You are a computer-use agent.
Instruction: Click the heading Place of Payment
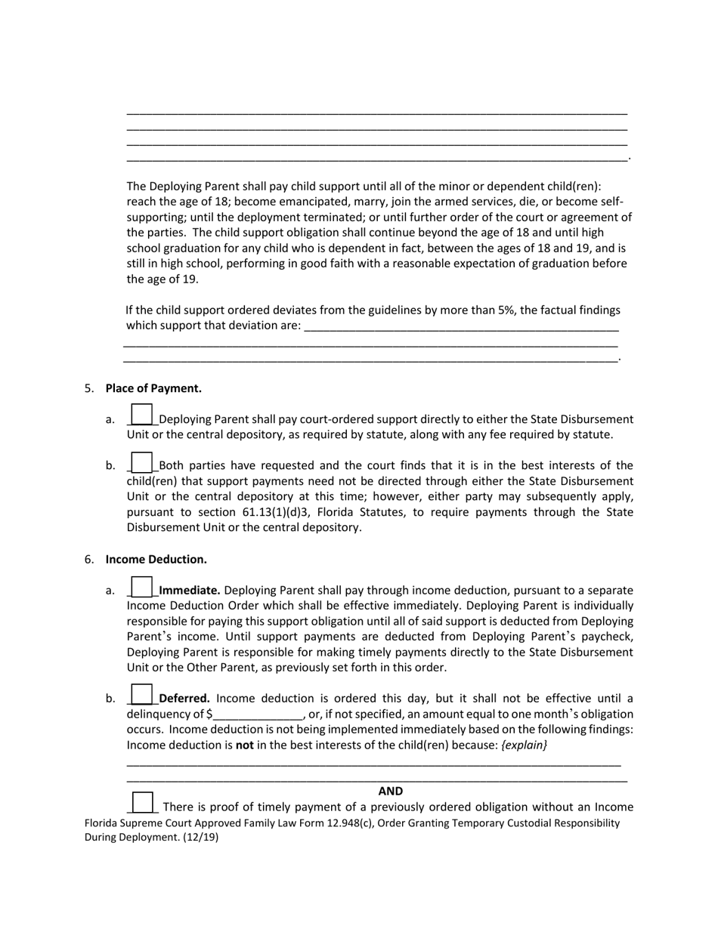153,388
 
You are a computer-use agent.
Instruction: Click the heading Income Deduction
156,559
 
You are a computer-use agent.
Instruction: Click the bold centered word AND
391,791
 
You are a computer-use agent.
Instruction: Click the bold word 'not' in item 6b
244,745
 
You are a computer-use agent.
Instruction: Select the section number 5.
89,388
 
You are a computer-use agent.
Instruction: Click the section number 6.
89,559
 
